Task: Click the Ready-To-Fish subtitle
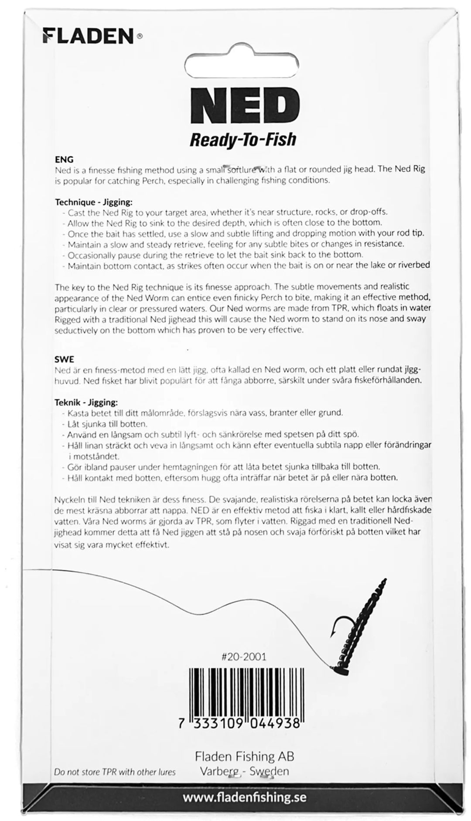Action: click(x=242, y=140)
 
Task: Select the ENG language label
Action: click(x=64, y=160)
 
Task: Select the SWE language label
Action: click(x=64, y=359)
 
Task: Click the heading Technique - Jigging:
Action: click(x=93, y=202)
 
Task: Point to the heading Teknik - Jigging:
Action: click(x=86, y=402)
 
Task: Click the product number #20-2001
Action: click(x=244, y=657)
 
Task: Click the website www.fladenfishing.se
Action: click(x=244, y=797)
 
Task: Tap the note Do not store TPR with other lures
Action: click(x=115, y=772)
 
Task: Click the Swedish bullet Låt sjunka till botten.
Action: click(x=107, y=423)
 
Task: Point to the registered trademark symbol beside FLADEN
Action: click(x=140, y=37)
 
